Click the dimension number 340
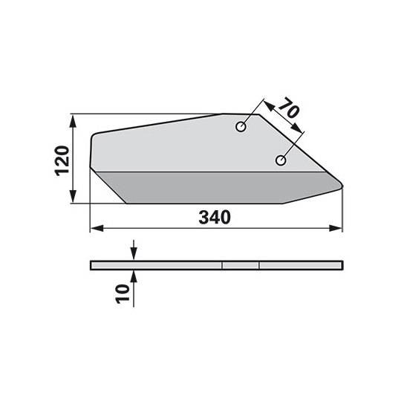[215, 218]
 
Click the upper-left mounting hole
[241, 127]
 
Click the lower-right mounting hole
[281, 159]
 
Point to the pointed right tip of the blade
[342, 184]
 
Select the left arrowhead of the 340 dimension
[92, 228]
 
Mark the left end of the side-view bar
[91, 264]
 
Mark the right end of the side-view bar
[342, 264]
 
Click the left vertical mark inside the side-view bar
[224, 264]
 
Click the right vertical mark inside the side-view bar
[259, 264]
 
